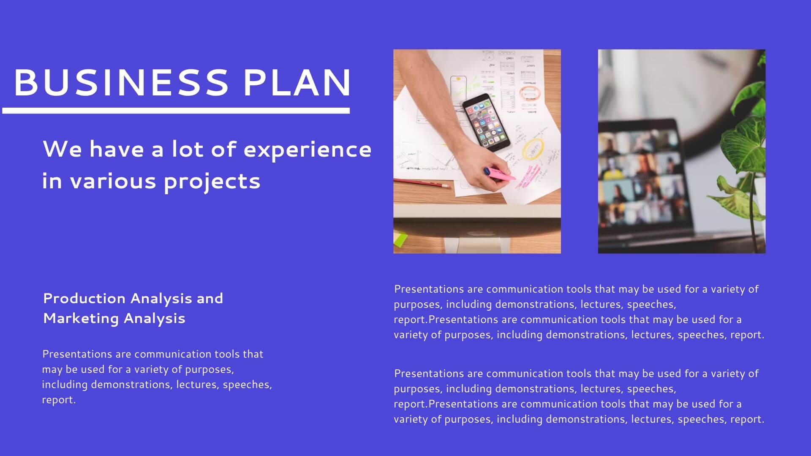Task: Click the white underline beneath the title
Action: coord(176,111)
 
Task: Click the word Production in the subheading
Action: coord(84,299)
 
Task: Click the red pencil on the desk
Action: coord(422,183)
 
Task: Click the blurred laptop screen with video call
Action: coord(642,177)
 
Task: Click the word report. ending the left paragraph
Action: coord(59,400)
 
